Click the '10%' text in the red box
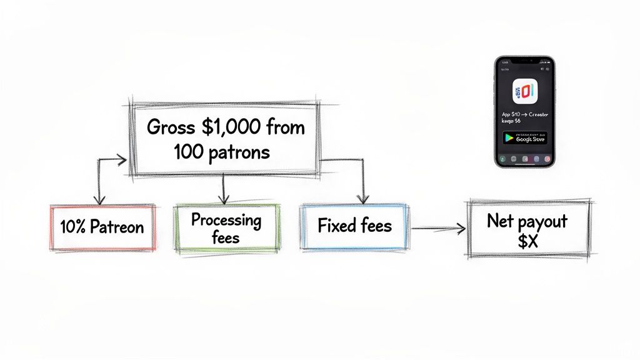point(73,227)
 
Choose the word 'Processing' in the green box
point(226,220)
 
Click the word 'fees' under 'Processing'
point(226,237)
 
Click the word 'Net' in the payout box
point(501,221)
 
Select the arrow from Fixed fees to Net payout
point(437,229)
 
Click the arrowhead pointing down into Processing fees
point(224,199)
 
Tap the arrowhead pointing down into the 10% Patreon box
point(97,199)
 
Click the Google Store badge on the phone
point(524,138)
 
